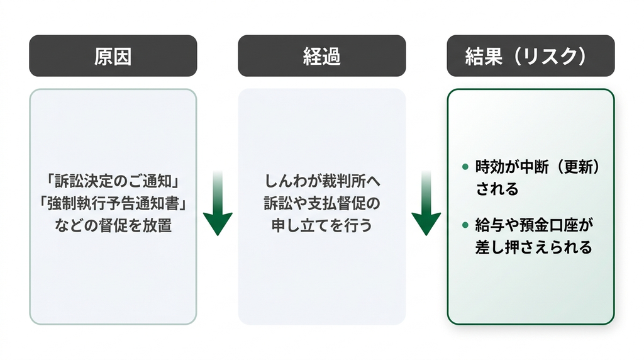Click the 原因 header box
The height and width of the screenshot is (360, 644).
click(x=113, y=55)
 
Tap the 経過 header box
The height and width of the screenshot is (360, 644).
click(x=322, y=55)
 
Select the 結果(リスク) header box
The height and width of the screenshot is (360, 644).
click(x=531, y=55)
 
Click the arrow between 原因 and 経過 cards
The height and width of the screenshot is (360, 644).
click(x=218, y=203)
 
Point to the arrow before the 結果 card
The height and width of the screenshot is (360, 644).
click(x=426, y=203)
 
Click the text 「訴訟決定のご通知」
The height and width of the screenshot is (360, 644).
click(x=113, y=181)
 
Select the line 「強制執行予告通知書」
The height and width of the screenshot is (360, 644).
click(x=113, y=203)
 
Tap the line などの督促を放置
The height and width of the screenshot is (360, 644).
click(x=113, y=225)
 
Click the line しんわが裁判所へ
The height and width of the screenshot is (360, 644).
click(x=322, y=181)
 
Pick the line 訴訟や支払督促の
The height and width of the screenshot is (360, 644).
click(x=322, y=203)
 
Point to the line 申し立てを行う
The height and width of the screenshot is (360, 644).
click(x=322, y=225)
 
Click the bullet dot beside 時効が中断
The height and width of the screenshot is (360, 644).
click(x=465, y=167)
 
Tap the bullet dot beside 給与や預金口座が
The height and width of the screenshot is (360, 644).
click(x=465, y=225)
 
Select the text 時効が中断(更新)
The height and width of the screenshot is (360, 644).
click(x=538, y=167)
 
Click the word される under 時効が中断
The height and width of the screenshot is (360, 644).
click(x=497, y=189)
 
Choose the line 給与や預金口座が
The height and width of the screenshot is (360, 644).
click(x=534, y=225)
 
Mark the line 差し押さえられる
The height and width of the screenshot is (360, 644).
click(x=533, y=247)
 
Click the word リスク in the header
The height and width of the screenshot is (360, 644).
click(x=550, y=56)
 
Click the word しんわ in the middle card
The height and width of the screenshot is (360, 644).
click(x=285, y=181)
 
